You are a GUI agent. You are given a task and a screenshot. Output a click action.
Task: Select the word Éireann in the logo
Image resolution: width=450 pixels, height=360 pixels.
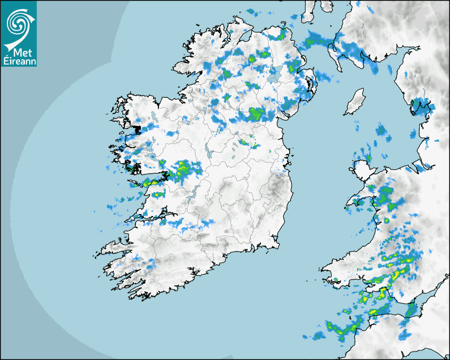click(20, 60)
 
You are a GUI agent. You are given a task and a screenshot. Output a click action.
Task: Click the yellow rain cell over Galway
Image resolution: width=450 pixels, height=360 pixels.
click(183, 168)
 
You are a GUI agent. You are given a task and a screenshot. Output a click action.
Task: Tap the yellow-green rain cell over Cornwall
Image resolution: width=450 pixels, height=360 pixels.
click(339, 329)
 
